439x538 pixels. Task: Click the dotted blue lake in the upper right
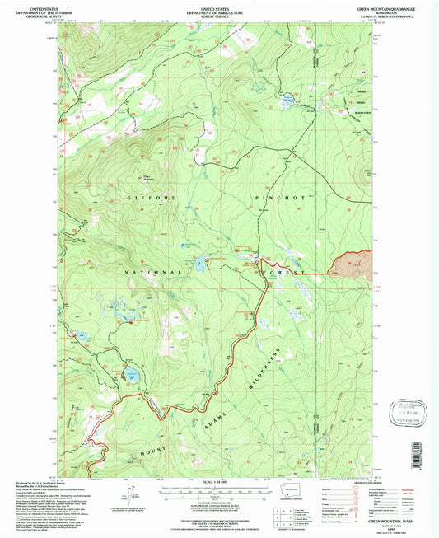[287, 102]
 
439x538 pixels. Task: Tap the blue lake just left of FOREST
[200, 265]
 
